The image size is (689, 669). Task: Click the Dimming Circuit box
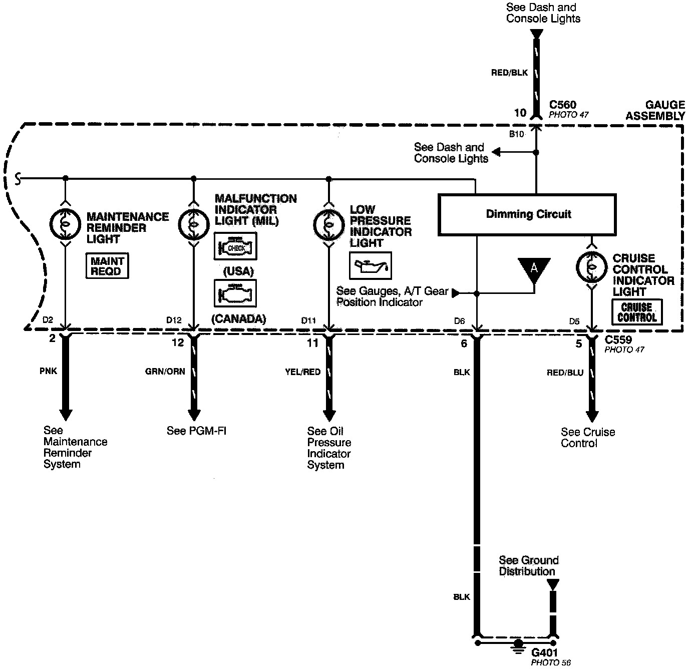coord(527,214)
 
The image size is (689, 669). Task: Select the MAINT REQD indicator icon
coord(107,266)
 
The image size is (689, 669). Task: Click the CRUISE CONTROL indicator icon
coord(637,312)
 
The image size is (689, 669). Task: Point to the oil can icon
coord(370,265)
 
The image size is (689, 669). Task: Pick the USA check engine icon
coord(235,246)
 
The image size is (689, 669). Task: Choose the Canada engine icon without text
coord(235,293)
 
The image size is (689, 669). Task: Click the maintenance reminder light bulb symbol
coord(65,224)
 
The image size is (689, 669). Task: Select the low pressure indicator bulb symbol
coord(328,224)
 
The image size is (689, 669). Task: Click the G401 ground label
coord(544,653)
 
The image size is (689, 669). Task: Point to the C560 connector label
coord(563,105)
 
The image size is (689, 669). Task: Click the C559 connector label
coord(618,340)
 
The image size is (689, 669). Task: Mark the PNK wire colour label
coord(48,372)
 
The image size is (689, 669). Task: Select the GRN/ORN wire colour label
coord(165,372)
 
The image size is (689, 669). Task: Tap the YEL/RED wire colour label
coord(302,372)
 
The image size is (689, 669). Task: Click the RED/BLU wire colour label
coord(565,373)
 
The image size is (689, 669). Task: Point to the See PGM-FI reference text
coord(196,431)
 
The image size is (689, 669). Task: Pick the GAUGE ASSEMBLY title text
coord(656,110)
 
